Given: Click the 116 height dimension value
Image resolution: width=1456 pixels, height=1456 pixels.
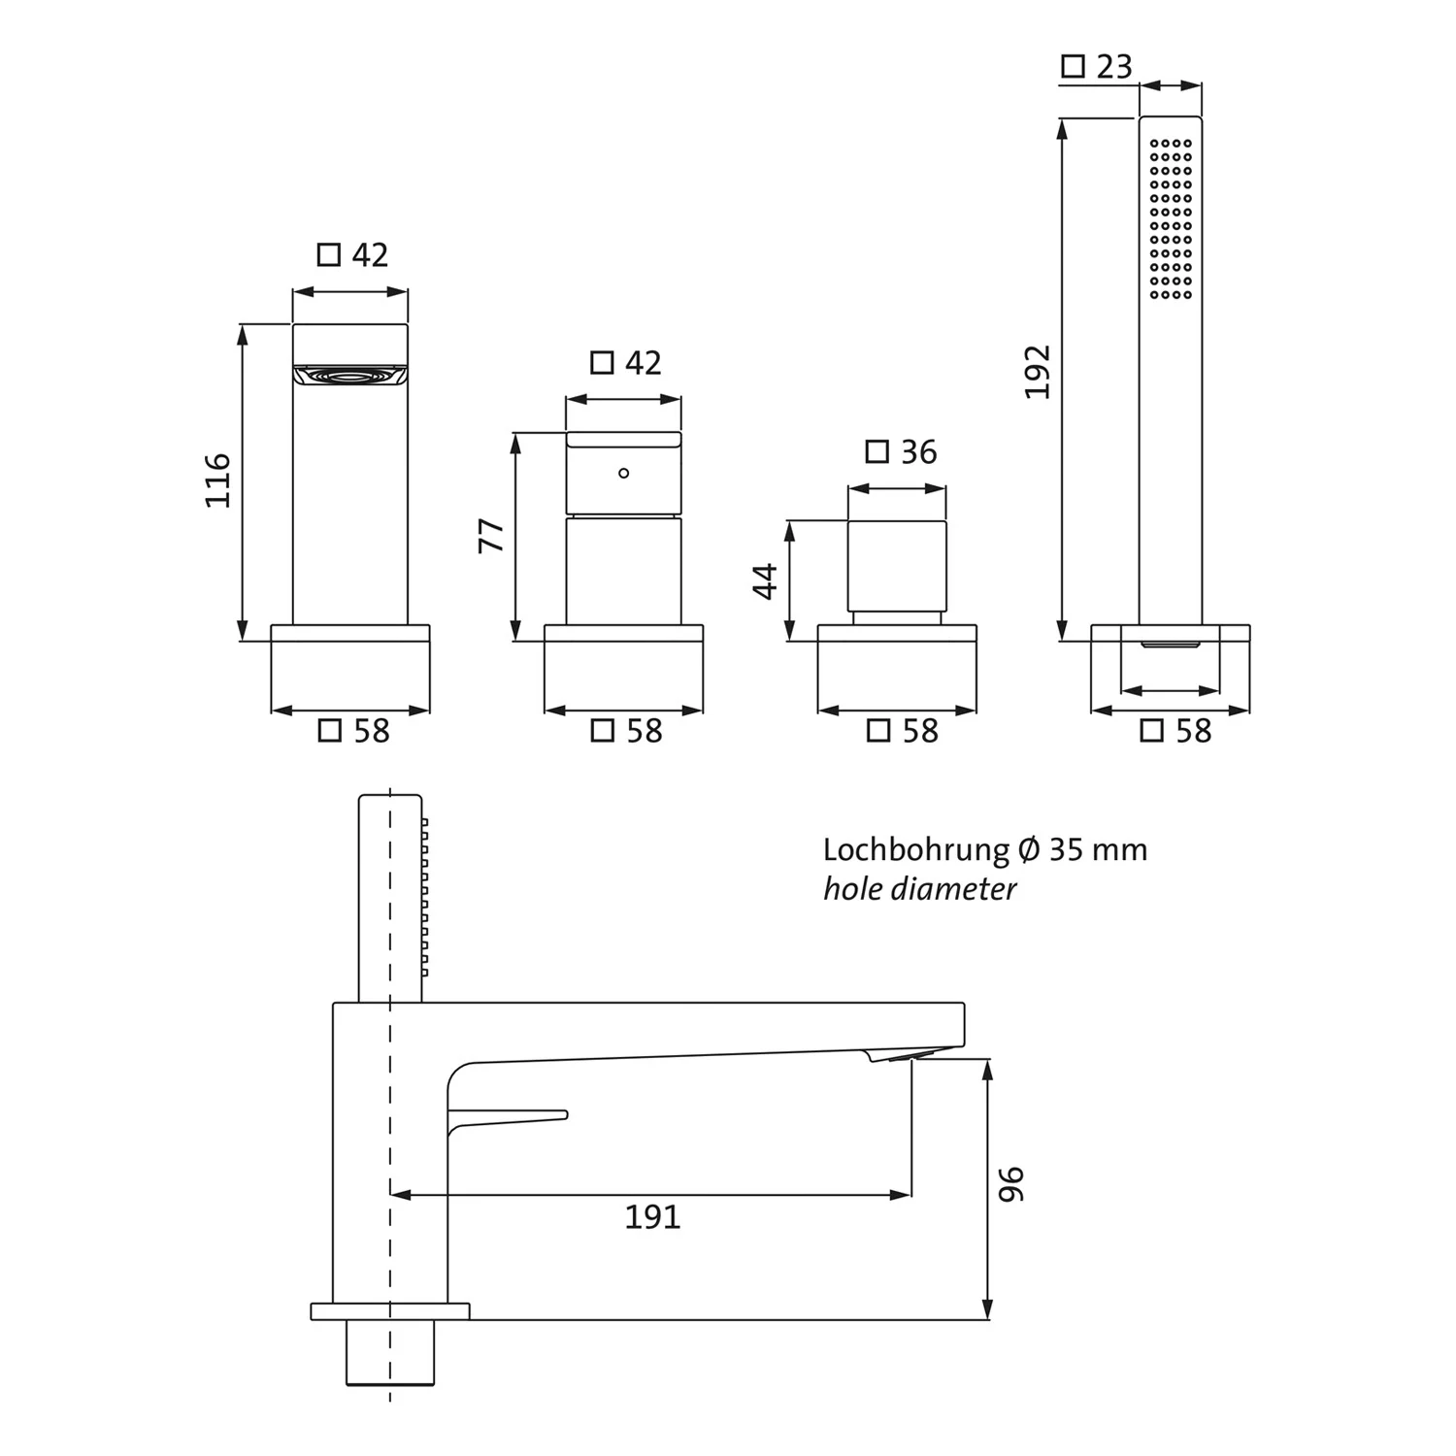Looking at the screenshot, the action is click(x=217, y=480).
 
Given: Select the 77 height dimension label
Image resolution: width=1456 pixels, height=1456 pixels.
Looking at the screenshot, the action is click(x=492, y=536).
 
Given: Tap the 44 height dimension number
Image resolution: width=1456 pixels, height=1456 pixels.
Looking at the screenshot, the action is click(x=766, y=580).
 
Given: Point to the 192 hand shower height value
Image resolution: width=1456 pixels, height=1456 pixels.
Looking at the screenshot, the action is click(x=1037, y=371).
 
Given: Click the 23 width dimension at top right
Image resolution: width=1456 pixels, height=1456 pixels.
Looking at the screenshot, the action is click(x=1114, y=67).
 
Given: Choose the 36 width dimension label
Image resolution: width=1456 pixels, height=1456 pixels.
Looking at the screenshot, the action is click(x=918, y=452).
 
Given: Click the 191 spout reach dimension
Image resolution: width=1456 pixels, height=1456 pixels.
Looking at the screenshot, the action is click(x=652, y=1216).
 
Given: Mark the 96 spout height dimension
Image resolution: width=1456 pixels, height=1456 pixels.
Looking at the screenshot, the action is click(x=1010, y=1183).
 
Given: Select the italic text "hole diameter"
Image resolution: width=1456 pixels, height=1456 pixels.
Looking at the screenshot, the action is click(x=919, y=889).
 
